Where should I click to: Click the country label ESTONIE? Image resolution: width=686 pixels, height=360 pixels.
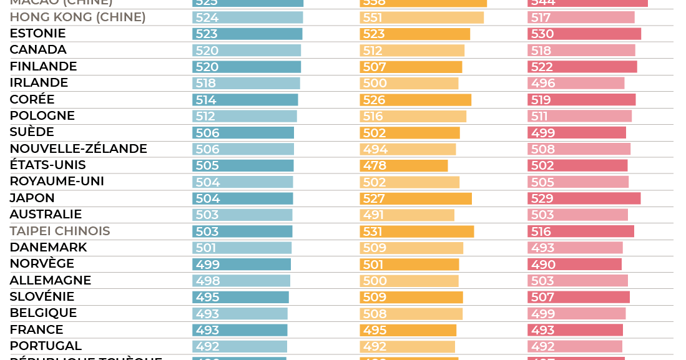coord(37,34)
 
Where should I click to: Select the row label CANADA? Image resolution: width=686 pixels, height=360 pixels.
coord(38,50)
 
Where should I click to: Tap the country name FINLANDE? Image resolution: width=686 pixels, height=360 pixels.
coord(43,67)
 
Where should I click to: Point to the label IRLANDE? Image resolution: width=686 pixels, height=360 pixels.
coord(39,83)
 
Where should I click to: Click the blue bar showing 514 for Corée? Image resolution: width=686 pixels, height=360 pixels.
coord(245,100)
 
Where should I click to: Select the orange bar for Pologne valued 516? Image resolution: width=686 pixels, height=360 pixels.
coord(413,116)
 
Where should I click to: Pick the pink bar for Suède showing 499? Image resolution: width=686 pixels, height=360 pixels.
coord(577,133)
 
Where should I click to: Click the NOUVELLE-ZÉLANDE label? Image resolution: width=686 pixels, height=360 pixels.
coord(78,149)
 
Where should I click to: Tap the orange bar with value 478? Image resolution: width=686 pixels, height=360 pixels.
coord(404,166)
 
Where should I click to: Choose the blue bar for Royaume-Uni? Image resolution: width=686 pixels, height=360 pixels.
coord(242,182)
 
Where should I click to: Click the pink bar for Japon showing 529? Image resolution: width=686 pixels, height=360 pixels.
coord(584,198)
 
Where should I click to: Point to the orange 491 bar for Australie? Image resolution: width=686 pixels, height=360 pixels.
coord(407,215)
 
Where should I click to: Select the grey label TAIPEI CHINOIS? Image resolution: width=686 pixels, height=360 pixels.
coord(60,231)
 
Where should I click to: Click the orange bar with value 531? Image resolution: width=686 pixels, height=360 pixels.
coord(417,231)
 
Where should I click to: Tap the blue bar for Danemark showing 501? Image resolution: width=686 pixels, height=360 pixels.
coord(242,248)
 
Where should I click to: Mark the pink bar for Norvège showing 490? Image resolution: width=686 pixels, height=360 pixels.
coord(574,265)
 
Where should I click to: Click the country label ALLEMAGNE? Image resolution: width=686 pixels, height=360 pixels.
coord(51,281)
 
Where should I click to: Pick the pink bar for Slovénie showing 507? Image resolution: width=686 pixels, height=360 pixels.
coord(579,298)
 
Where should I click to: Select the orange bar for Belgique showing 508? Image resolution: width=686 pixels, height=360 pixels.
coord(411,314)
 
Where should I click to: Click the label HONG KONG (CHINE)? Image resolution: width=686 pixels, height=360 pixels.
coord(77,17)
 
